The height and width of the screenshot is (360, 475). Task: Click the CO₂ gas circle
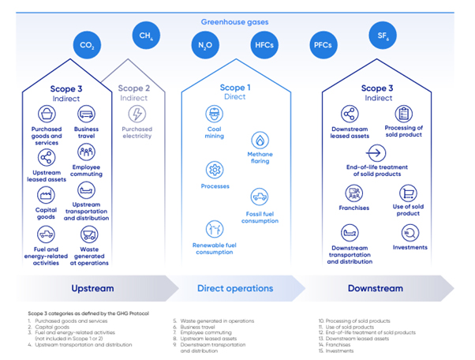point(88,45)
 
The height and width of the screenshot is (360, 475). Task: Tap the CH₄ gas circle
point(146,36)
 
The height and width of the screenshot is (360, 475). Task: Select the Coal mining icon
point(213,114)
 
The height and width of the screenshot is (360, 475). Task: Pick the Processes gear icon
point(213,170)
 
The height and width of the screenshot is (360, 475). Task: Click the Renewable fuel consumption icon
point(213,229)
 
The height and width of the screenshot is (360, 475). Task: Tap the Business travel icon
point(86,114)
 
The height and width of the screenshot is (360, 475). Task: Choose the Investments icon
point(410,231)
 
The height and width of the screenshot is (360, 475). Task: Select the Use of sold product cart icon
point(408,193)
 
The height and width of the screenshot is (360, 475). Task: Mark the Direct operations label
point(234,288)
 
